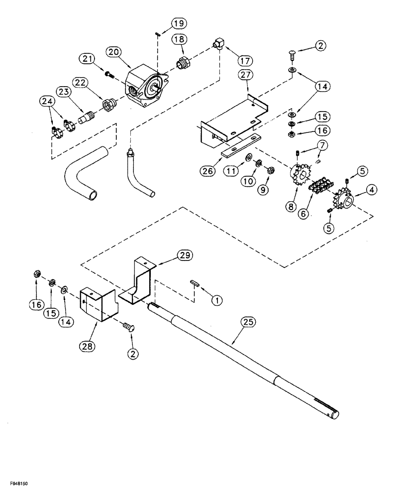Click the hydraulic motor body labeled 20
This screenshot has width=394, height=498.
tap(147, 87)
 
